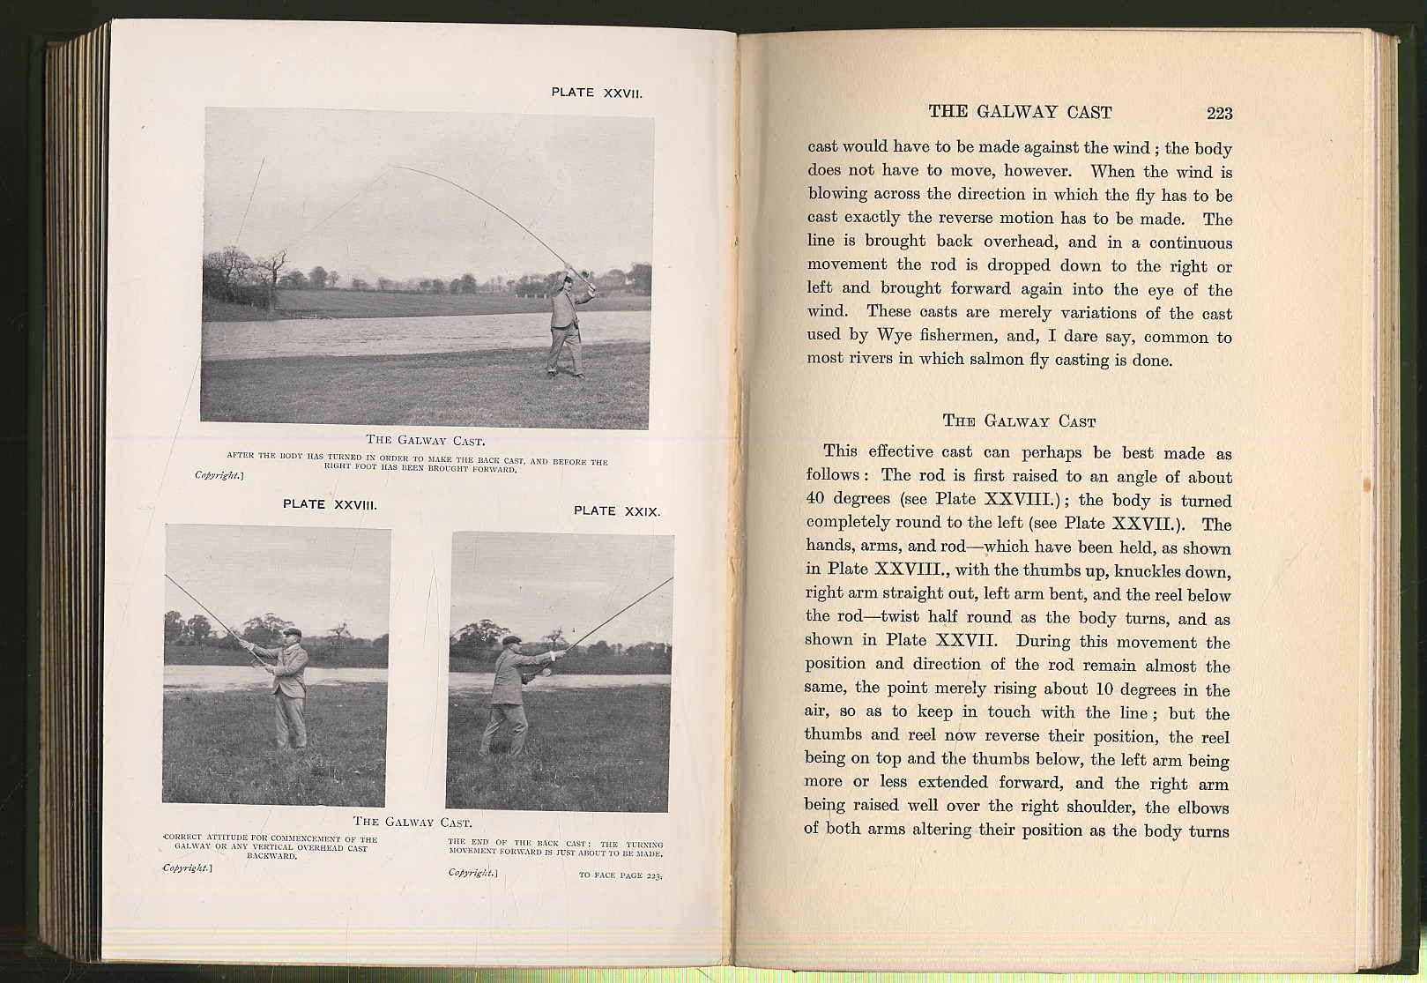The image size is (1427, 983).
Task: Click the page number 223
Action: click(1219, 113)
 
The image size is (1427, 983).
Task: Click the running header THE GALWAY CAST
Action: click(1020, 112)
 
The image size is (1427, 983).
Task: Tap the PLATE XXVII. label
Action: click(597, 93)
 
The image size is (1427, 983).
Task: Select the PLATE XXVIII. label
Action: click(330, 505)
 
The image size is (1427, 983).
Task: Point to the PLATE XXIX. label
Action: click(616, 511)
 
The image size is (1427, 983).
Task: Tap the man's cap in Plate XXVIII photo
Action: click(294, 634)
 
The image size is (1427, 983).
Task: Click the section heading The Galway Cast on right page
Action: click(1019, 421)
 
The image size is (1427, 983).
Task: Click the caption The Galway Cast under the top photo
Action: click(426, 440)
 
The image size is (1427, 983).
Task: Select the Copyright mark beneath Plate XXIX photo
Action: click(473, 873)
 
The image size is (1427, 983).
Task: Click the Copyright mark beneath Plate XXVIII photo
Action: click(187, 868)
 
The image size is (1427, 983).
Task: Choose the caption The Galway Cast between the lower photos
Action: click(412, 823)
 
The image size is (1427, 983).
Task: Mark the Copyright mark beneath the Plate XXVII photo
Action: click(219, 476)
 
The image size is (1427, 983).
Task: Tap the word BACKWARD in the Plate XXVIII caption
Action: click(271, 855)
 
